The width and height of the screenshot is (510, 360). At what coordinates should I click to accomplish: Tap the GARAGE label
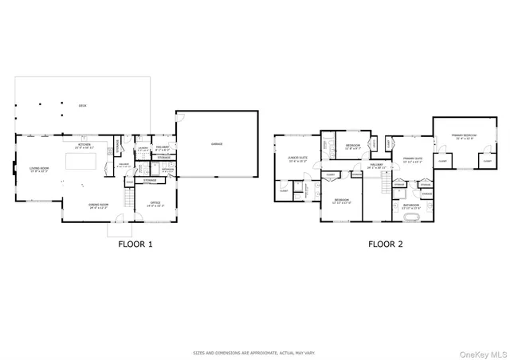pyautogui.click(x=216, y=144)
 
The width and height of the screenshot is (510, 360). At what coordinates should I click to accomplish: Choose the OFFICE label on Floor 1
pyautogui.click(x=155, y=203)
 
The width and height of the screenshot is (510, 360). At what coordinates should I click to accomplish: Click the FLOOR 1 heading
pyautogui.click(x=135, y=245)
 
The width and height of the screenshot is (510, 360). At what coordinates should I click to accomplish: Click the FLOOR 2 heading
pyautogui.click(x=385, y=245)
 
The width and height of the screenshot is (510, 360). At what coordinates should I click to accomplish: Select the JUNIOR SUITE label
pyautogui.click(x=296, y=158)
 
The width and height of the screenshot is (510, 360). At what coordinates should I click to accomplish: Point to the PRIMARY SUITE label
pyautogui.click(x=412, y=158)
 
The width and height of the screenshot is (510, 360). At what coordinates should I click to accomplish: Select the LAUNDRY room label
pyautogui.click(x=143, y=147)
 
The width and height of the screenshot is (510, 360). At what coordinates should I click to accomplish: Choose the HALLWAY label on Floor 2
pyautogui.click(x=377, y=165)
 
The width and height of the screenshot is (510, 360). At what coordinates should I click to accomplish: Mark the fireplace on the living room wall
pyautogui.click(x=14, y=168)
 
